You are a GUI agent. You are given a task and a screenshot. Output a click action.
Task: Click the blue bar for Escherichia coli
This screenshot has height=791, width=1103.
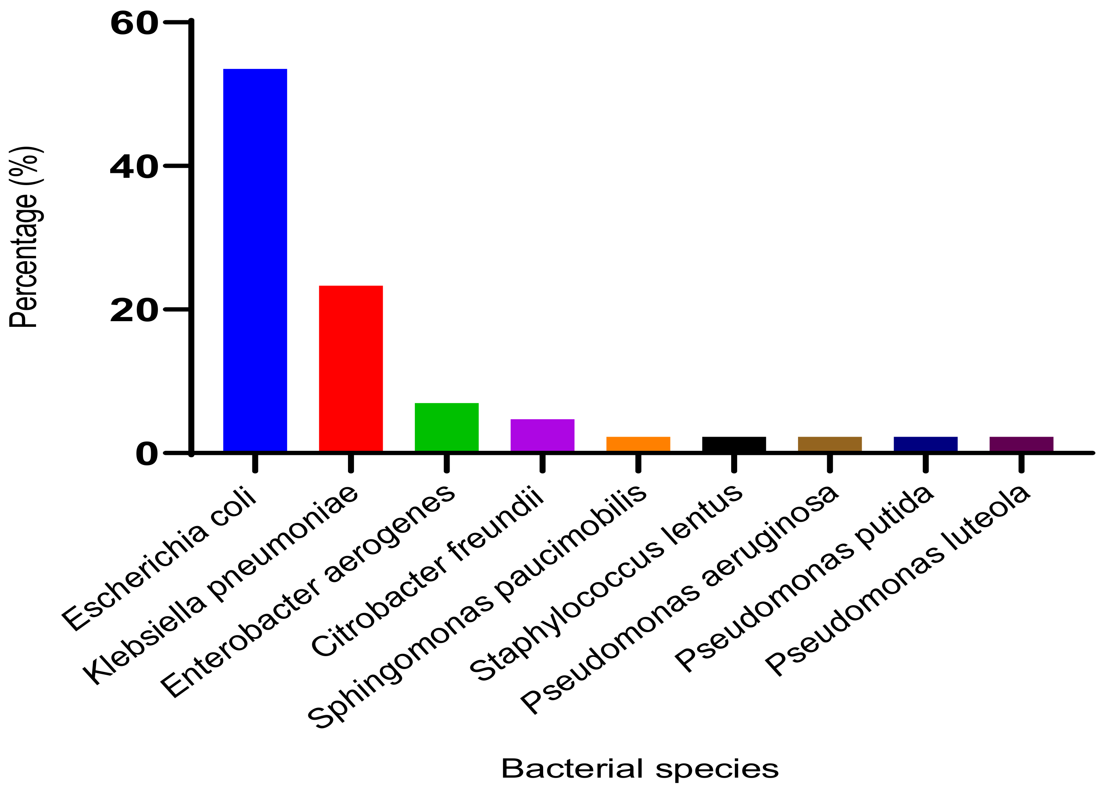coord(255,260)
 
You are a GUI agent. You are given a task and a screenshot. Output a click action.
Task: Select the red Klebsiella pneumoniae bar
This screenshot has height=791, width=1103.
coord(351,369)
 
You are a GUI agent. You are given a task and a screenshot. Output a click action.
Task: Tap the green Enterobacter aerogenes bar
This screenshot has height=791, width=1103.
coord(446,427)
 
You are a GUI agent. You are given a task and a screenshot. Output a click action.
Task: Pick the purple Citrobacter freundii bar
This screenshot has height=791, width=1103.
coord(542,435)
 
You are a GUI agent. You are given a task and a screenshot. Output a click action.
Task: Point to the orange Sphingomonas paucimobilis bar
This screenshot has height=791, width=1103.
coord(638,444)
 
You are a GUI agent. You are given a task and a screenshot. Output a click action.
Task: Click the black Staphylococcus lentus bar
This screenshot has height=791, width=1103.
coord(734,444)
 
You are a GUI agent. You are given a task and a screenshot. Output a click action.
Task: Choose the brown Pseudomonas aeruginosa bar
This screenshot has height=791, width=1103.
coord(830,444)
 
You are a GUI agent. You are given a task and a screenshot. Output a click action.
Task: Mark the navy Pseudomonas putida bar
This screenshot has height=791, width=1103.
coord(926,444)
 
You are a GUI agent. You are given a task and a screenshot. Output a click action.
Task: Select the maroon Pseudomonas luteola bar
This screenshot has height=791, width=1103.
coord(1021,444)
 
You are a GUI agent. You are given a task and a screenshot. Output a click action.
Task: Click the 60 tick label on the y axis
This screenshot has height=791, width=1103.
coord(134,23)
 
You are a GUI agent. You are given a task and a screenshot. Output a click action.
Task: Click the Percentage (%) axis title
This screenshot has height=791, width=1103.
coord(24,237)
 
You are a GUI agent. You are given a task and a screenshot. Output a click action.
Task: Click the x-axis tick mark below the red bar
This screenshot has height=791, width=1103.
coord(351,463)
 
